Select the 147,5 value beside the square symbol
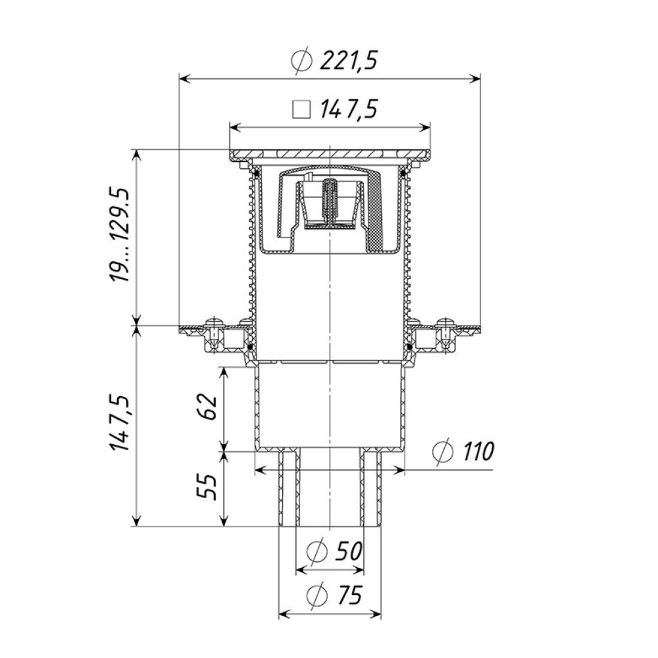348,110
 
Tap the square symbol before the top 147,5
301,111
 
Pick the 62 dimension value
209,406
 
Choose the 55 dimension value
208,487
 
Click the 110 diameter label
478,451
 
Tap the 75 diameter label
349,595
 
